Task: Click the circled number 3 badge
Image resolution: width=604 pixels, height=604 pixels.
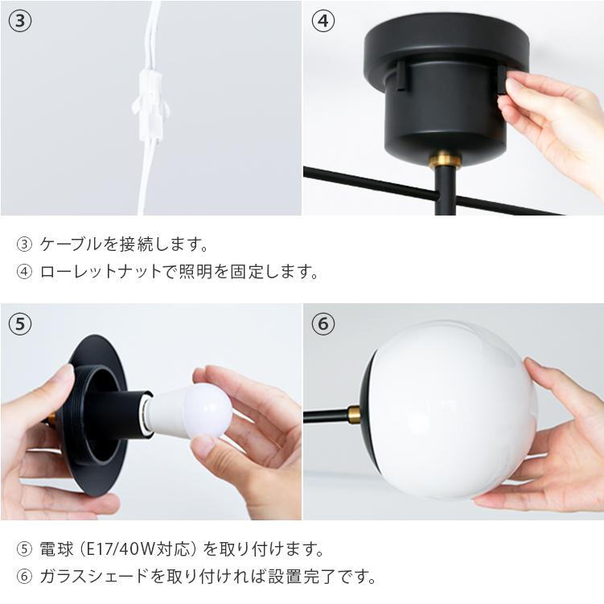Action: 20,21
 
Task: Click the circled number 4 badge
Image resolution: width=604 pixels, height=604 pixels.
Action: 323,21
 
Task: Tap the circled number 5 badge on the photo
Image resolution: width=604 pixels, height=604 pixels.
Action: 20,324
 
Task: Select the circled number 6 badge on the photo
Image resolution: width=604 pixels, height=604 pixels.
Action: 323,324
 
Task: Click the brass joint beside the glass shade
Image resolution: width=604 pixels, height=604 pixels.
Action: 354,416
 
